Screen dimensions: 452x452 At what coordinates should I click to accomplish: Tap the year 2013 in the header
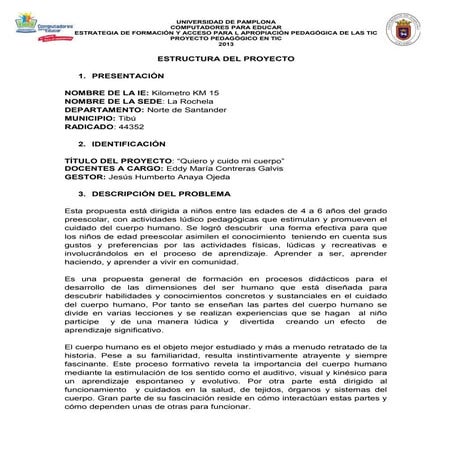click(x=225, y=48)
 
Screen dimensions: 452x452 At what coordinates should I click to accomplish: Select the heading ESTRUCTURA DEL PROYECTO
click(x=226, y=62)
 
